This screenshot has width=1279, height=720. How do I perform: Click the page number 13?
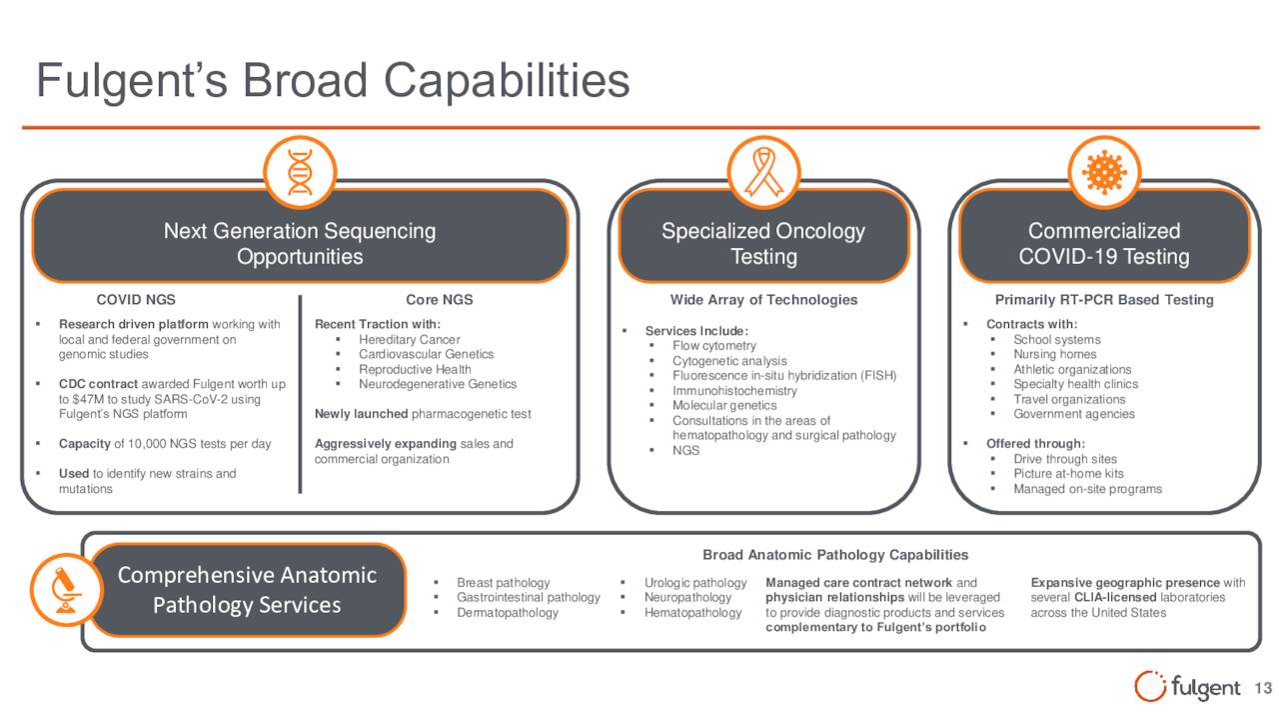point(1262,688)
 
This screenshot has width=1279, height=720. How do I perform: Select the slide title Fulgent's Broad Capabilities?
point(333,81)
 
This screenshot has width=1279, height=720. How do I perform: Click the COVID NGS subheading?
point(136,300)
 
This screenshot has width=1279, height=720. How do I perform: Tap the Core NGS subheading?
point(439,300)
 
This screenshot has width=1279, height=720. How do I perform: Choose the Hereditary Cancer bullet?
point(410,340)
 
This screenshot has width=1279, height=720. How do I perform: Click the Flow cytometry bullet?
point(714,346)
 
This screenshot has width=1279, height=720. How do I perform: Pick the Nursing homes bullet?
point(1054,354)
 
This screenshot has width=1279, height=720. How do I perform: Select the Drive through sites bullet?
point(1065,459)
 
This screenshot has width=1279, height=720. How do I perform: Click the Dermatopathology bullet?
point(507,613)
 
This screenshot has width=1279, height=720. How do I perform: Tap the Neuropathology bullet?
point(687,598)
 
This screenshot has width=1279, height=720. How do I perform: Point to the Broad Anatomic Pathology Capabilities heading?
point(835,555)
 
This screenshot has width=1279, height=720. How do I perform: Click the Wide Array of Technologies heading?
point(763,300)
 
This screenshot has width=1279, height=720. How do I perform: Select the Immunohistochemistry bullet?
point(734,391)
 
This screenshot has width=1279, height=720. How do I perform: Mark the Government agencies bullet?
point(1074,414)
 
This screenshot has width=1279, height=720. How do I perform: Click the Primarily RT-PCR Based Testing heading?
point(1104,300)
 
